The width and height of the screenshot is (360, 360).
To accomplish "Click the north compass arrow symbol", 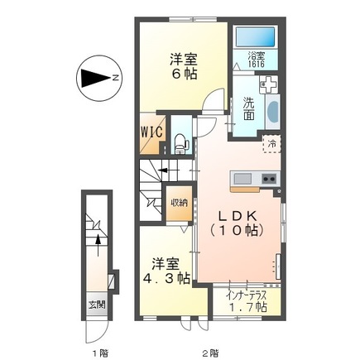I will tap(96, 79).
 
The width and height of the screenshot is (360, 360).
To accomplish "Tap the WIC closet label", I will tap(151, 132).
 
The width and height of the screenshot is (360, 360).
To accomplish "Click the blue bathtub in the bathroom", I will tap(257, 37).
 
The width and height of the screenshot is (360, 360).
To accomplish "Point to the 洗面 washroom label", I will tap(250, 109).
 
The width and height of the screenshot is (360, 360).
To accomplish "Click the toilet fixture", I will tap(182, 141).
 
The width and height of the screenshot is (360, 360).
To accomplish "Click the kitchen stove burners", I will tap(269, 179).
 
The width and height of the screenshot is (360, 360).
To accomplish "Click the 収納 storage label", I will tap(179, 203).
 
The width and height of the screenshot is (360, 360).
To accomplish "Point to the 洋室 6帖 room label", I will tap(183, 65).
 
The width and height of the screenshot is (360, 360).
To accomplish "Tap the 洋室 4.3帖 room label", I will tap(162, 271).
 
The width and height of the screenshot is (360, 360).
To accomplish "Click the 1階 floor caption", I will tap(100, 351).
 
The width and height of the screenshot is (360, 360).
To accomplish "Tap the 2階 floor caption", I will tap(210, 351).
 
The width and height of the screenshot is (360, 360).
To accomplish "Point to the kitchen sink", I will tap(243, 179).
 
